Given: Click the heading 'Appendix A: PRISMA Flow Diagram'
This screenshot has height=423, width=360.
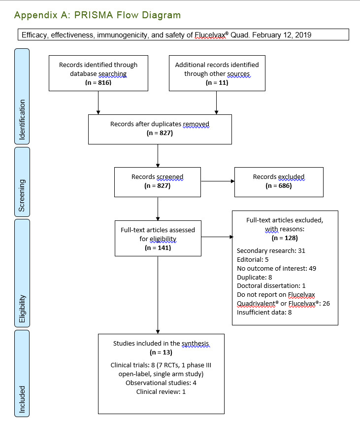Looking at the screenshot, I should [98, 15].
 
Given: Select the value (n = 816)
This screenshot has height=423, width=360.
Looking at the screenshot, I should [98, 82].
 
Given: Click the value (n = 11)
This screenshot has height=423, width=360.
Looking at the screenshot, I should [217, 82].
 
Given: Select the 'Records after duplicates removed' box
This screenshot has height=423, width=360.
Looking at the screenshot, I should [160, 129].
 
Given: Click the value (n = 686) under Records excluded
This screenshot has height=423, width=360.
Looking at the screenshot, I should [279, 186].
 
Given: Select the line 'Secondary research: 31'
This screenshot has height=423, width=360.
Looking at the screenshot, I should [271, 250].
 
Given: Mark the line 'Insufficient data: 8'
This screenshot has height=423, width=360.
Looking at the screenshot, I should [264, 312].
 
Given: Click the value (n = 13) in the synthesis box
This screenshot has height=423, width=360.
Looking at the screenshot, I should [161, 353].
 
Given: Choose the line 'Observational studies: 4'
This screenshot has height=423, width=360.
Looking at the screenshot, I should [161, 383].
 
